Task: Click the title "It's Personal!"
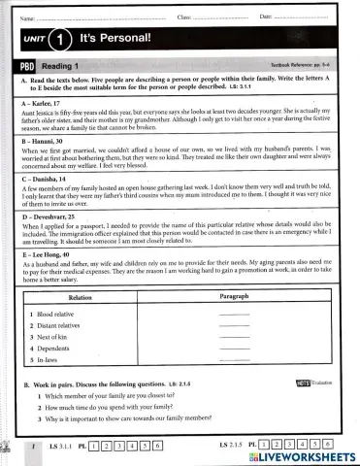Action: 117,41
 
